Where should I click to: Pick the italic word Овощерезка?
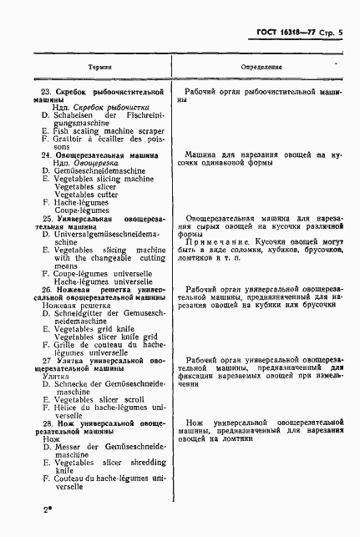click(x=84, y=163)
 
